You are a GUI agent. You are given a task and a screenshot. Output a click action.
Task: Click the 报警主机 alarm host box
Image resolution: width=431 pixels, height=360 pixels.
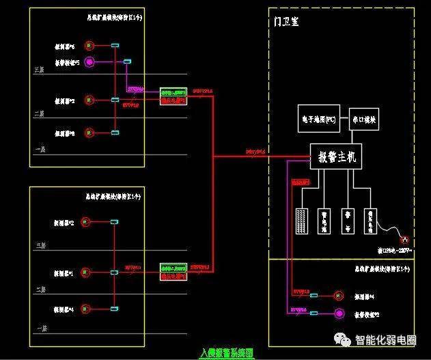click(336, 157)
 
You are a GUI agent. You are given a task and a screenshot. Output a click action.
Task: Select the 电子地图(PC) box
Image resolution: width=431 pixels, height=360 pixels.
click(319, 120)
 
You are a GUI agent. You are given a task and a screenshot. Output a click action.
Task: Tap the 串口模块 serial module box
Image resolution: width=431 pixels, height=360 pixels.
click(363, 120)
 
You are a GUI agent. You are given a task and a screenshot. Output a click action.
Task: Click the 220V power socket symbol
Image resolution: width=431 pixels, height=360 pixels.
click(403, 240)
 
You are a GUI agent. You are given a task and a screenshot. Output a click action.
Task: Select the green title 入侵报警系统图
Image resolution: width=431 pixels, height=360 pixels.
click(226, 353)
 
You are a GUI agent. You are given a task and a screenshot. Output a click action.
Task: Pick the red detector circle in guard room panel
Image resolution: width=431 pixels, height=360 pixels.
click(337, 296)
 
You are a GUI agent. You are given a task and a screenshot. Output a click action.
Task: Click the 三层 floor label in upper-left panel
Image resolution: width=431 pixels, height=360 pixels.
click(40, 70)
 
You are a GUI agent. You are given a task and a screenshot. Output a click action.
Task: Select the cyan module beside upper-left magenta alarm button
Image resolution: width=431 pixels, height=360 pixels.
click(127, 63)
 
